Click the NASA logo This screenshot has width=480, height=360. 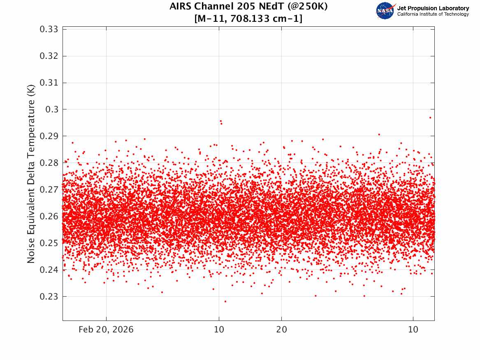(x=385, y=11)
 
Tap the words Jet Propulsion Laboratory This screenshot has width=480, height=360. (x=433, y=8)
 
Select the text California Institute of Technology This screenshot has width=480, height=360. (x=433, y=14)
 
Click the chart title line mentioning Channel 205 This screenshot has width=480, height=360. (x=248, y=6)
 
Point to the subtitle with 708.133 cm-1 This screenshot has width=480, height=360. (x=248, y=19)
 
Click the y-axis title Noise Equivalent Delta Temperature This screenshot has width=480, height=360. (x=31, y=174)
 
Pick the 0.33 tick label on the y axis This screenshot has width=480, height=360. (x=49, y=29)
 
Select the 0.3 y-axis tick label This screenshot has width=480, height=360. (x=52, y=109)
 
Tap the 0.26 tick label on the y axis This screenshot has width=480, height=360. (x=49, y=216)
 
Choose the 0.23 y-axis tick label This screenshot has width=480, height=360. (x=49, y=297)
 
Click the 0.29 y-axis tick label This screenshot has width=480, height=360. (x=49, y=136)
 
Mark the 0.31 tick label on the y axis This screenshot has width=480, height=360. (x=49, y=83)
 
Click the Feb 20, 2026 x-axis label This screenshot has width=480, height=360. (x=106, y=330)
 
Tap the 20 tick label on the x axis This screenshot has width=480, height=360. (x=282, y=330)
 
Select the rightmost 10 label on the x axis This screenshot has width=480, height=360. (x=413, y=330)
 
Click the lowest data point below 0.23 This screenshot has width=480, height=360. (x=225, y=302)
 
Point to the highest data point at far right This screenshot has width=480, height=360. (x=430, y=118)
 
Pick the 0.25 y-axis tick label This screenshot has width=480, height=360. (x=49, y=243)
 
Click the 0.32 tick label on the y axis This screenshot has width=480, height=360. (x=49, y=56)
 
